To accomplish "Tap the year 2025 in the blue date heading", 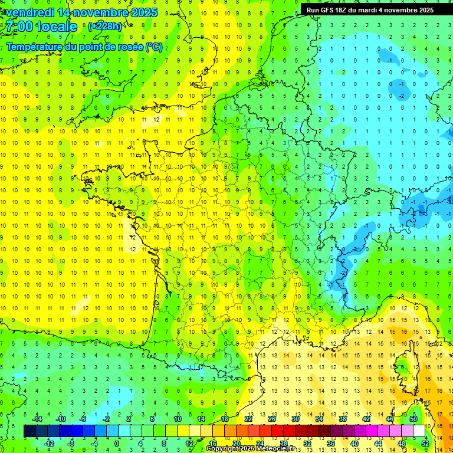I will (142, 12).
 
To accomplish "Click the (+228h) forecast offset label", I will (105, 27).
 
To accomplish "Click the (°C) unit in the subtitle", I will (154, 47).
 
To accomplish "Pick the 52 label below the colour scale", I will (425, 444).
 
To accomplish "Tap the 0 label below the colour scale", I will (117, 444).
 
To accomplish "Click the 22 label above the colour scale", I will (248, 418).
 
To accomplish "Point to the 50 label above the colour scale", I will (413, 418).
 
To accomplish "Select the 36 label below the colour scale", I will (331, 444).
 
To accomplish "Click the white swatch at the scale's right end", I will (419, 431).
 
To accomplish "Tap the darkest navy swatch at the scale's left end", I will (29, 431).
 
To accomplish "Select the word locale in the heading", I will (55, 27).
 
